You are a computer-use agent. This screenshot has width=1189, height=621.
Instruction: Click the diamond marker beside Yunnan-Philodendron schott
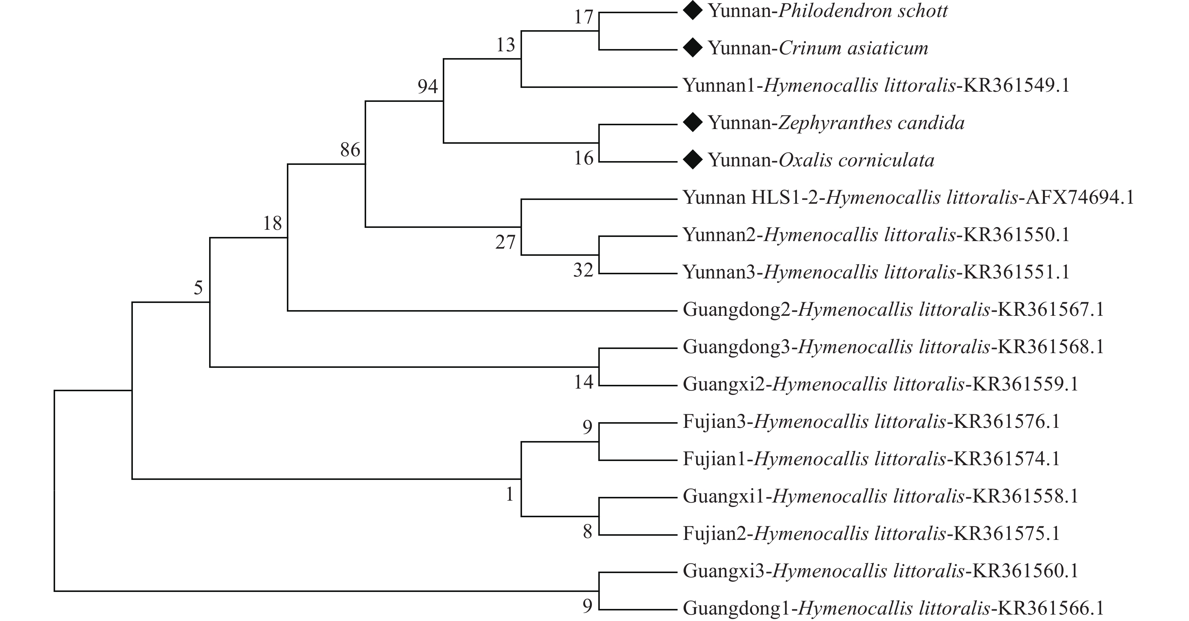(x=692, y=11)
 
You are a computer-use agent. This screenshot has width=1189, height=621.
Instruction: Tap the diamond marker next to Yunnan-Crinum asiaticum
(x=692, y=48)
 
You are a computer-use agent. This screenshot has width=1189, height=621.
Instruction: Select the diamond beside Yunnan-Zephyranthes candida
(x=692, y=122)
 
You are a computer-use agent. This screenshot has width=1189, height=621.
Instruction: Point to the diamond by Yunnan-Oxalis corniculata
(x=692, y=160)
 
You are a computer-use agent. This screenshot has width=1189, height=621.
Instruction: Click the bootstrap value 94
(x=427, y=86)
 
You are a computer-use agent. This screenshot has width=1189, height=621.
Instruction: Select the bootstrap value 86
(x=350, y=149)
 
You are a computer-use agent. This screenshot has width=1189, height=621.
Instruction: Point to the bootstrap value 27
(x=505, y=242)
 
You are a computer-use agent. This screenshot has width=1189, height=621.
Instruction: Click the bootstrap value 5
(x=198, y=288)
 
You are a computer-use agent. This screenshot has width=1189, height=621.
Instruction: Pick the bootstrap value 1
(x=510, y=495)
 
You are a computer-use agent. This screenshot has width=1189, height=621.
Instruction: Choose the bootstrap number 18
(x=272, y=224)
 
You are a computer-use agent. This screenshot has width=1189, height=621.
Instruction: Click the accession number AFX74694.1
(x=1080, y=197)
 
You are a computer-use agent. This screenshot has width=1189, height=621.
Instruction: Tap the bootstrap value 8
(x=587, y=532)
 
